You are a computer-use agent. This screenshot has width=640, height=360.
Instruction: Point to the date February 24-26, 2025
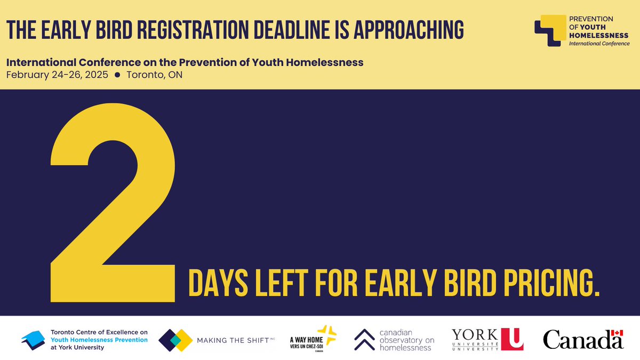57,75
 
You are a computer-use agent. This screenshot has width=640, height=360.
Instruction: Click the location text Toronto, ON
155,75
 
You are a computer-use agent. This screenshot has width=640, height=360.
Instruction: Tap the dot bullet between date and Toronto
117,75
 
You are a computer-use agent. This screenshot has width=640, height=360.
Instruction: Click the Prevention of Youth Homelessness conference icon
550,29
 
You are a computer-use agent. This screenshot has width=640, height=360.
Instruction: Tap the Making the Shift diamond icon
175,340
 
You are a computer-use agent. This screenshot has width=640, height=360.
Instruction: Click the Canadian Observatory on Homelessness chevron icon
364,339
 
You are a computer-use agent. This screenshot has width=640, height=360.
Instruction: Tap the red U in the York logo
513,339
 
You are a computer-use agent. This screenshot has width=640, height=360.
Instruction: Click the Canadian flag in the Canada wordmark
618,333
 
